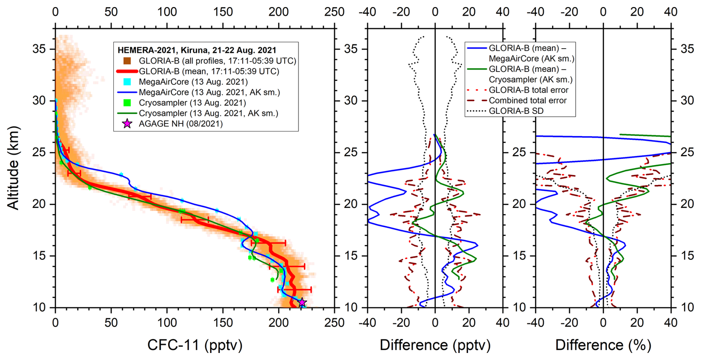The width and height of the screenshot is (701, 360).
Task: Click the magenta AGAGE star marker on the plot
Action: click(x=302, y=303)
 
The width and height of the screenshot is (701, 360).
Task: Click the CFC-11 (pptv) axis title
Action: click(x=195, y=345)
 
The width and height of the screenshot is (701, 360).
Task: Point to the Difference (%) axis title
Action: click(x=603, y=345)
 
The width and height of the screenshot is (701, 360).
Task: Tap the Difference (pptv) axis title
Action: click(x=435, y=345)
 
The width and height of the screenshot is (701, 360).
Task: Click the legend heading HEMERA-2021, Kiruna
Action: click(x=197, y=50)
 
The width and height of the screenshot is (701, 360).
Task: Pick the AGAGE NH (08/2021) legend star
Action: click(x=127, y=124)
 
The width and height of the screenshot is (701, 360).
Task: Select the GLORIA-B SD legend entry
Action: click(x=516, y=111)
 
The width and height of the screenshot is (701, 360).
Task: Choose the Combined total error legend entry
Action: click(x=528, y=100)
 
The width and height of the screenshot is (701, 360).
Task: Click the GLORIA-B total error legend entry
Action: click(x=528, y=90)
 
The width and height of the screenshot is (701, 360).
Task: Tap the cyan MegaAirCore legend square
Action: click(x=127, y=82)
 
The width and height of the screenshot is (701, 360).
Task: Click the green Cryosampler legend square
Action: click(x=127, y=103)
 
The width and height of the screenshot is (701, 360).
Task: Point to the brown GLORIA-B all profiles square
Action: click(x=127, y=61)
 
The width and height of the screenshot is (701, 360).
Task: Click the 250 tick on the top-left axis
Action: click(x=334, y=12)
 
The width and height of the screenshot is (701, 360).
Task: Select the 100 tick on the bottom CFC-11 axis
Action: click(x=167, y=323)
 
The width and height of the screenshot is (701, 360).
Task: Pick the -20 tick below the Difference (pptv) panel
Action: click(x=401, y=323)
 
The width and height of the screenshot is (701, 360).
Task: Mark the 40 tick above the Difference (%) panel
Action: click(x=671, y=12)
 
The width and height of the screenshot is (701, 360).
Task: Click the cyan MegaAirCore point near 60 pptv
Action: click(x=121, y=174)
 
